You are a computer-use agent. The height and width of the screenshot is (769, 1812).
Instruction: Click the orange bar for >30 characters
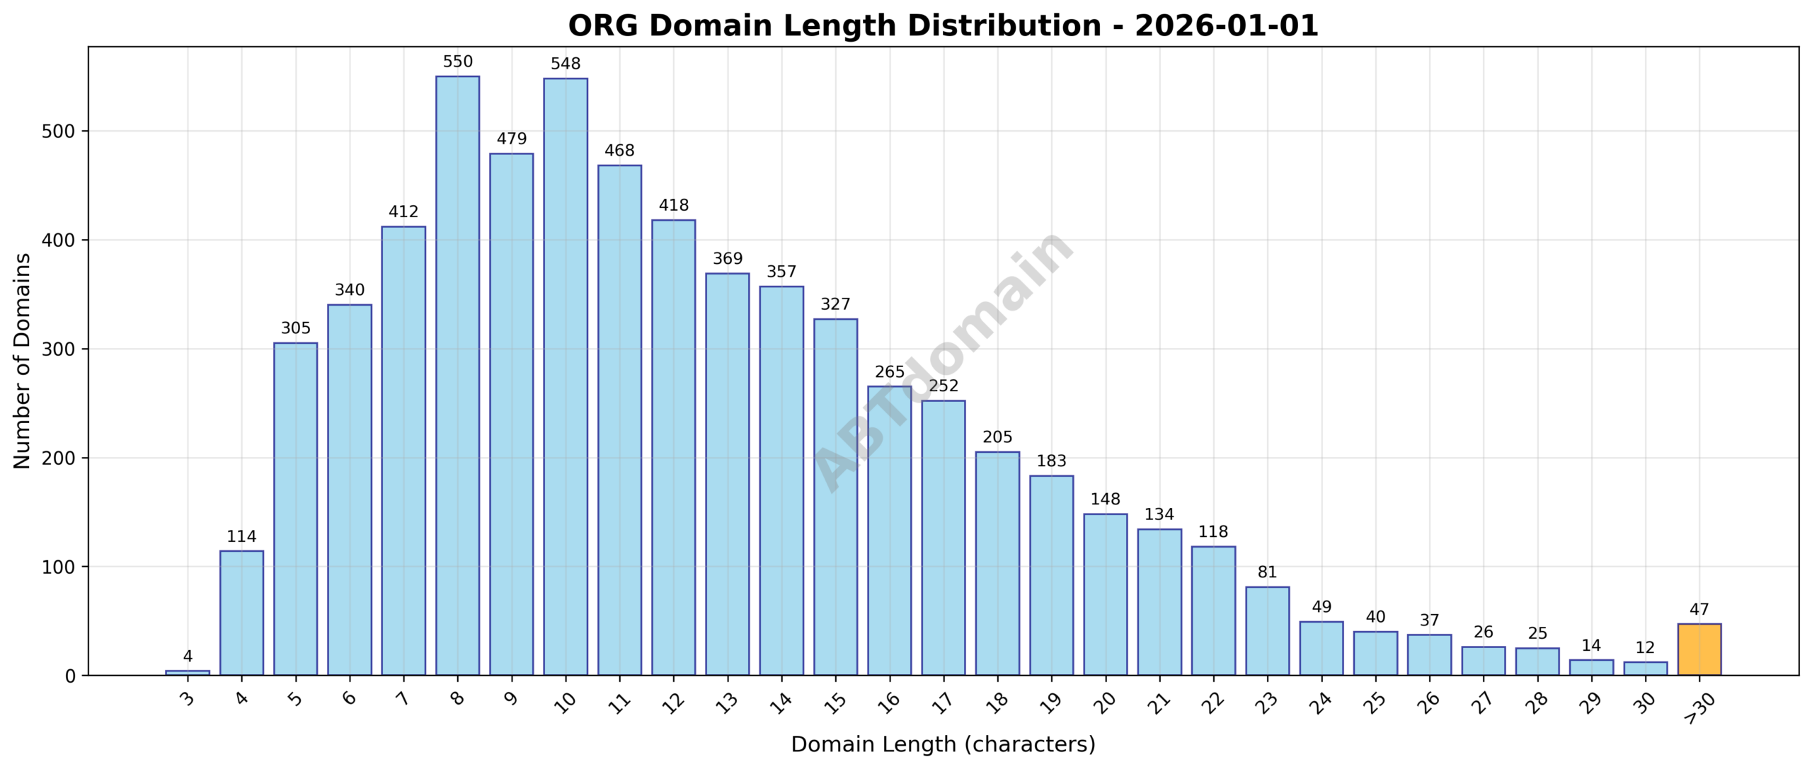pos(1699,649)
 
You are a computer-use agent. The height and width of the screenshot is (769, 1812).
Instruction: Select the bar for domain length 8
pos(457,375)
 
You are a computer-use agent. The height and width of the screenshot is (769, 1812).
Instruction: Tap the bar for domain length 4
pos(241,613)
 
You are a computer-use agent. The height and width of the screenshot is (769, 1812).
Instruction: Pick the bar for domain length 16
pos(889,531)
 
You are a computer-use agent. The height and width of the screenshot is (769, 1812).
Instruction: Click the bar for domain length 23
pos(1267,631)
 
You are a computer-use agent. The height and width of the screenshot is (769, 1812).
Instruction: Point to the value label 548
pos(566,64)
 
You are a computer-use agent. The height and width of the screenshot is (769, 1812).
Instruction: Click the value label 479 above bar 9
pos(511,139)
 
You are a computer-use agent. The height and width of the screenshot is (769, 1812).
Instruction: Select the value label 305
pos(295,328)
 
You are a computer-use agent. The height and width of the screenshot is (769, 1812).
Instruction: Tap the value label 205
pos(997,437)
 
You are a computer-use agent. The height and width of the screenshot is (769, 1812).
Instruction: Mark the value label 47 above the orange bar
pos(1699,610)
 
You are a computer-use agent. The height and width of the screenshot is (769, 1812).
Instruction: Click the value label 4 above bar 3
pos(188,657)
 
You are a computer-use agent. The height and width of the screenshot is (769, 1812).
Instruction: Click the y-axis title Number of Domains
pos(23,361)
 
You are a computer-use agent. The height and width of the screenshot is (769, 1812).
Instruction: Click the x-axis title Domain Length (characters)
pos(943,744)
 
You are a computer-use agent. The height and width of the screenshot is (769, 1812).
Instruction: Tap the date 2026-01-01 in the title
pos(1226,26)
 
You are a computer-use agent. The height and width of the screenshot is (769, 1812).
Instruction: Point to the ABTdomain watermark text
pos(943,361)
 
